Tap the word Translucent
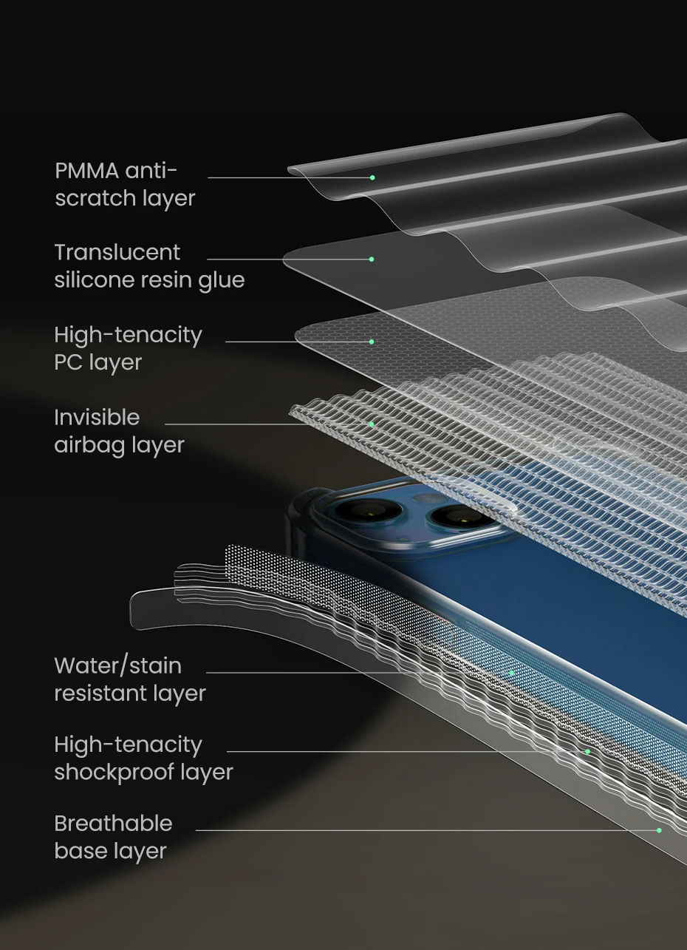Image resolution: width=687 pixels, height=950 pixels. (117, 253)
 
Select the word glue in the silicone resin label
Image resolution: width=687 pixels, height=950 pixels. (221, 281)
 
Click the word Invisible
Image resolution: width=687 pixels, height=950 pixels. (97, 418)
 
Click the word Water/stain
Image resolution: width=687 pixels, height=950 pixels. (117, 666)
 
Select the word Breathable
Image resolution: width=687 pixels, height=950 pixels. (113, 824)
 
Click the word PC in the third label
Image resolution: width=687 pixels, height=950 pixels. (69, 363)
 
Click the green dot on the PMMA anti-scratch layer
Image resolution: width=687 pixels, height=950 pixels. (372, 177)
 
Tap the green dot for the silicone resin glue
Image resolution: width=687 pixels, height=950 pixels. (372, 259)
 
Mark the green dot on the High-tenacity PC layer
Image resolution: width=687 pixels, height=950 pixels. (372, 342)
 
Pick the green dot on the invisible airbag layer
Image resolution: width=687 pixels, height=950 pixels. (372, 424)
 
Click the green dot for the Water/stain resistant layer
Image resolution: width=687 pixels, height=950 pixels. (512, 673)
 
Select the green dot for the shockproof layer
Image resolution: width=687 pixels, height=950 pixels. (587, 752)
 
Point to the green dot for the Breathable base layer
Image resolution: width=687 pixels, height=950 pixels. (659, 830)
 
